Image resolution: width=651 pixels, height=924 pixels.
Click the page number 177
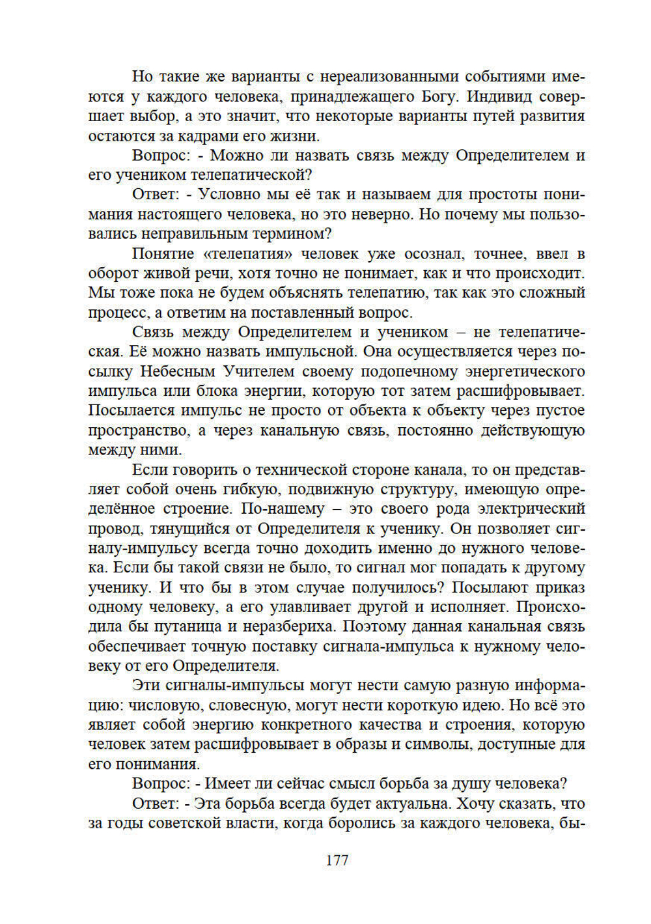click(x=337, y=860)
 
